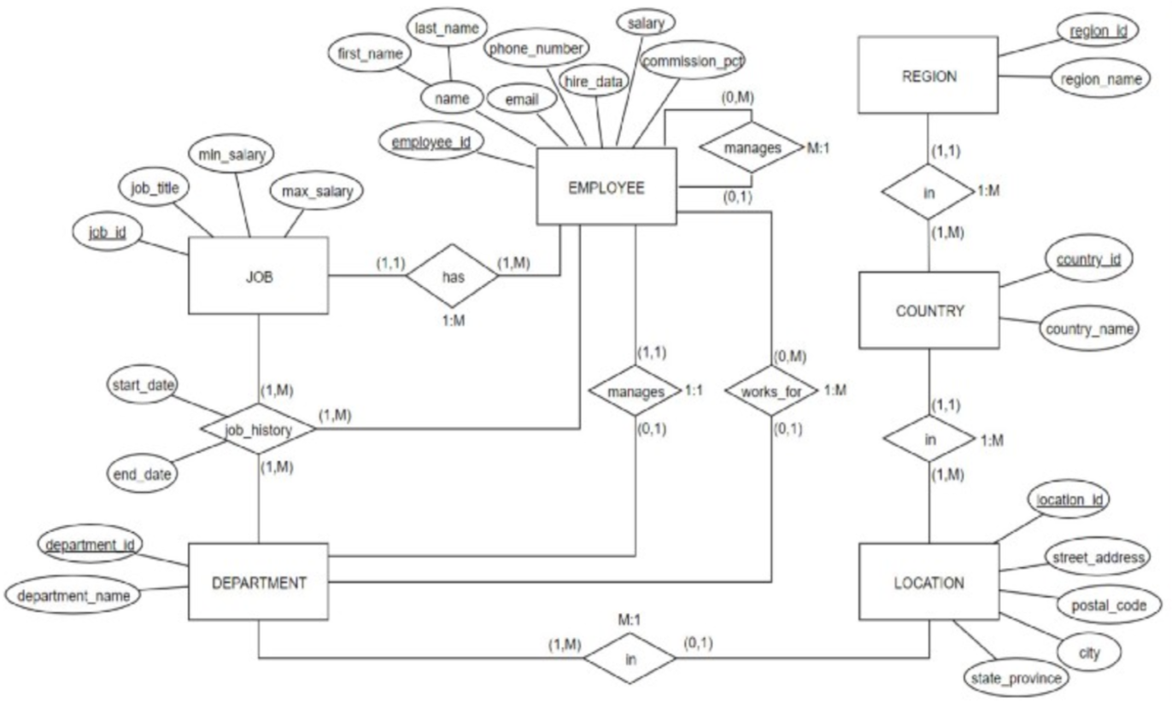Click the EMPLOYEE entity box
[x=606, y=189]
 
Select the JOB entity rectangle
[x=258, y=276]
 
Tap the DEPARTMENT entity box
[x=258, y=582]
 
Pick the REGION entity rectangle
[x=928, y=75]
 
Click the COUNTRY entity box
[x=928, y=311]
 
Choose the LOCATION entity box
[x=928, y=582]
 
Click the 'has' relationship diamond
[x=451, y=276]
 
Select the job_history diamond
[x=258, y=430]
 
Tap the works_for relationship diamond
[x=771, y=393]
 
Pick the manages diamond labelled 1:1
[x=636, y=393]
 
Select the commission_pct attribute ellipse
[x=692, y=61]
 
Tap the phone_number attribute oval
[x=536, y=49]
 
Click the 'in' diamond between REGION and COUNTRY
[x=928, y=193]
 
